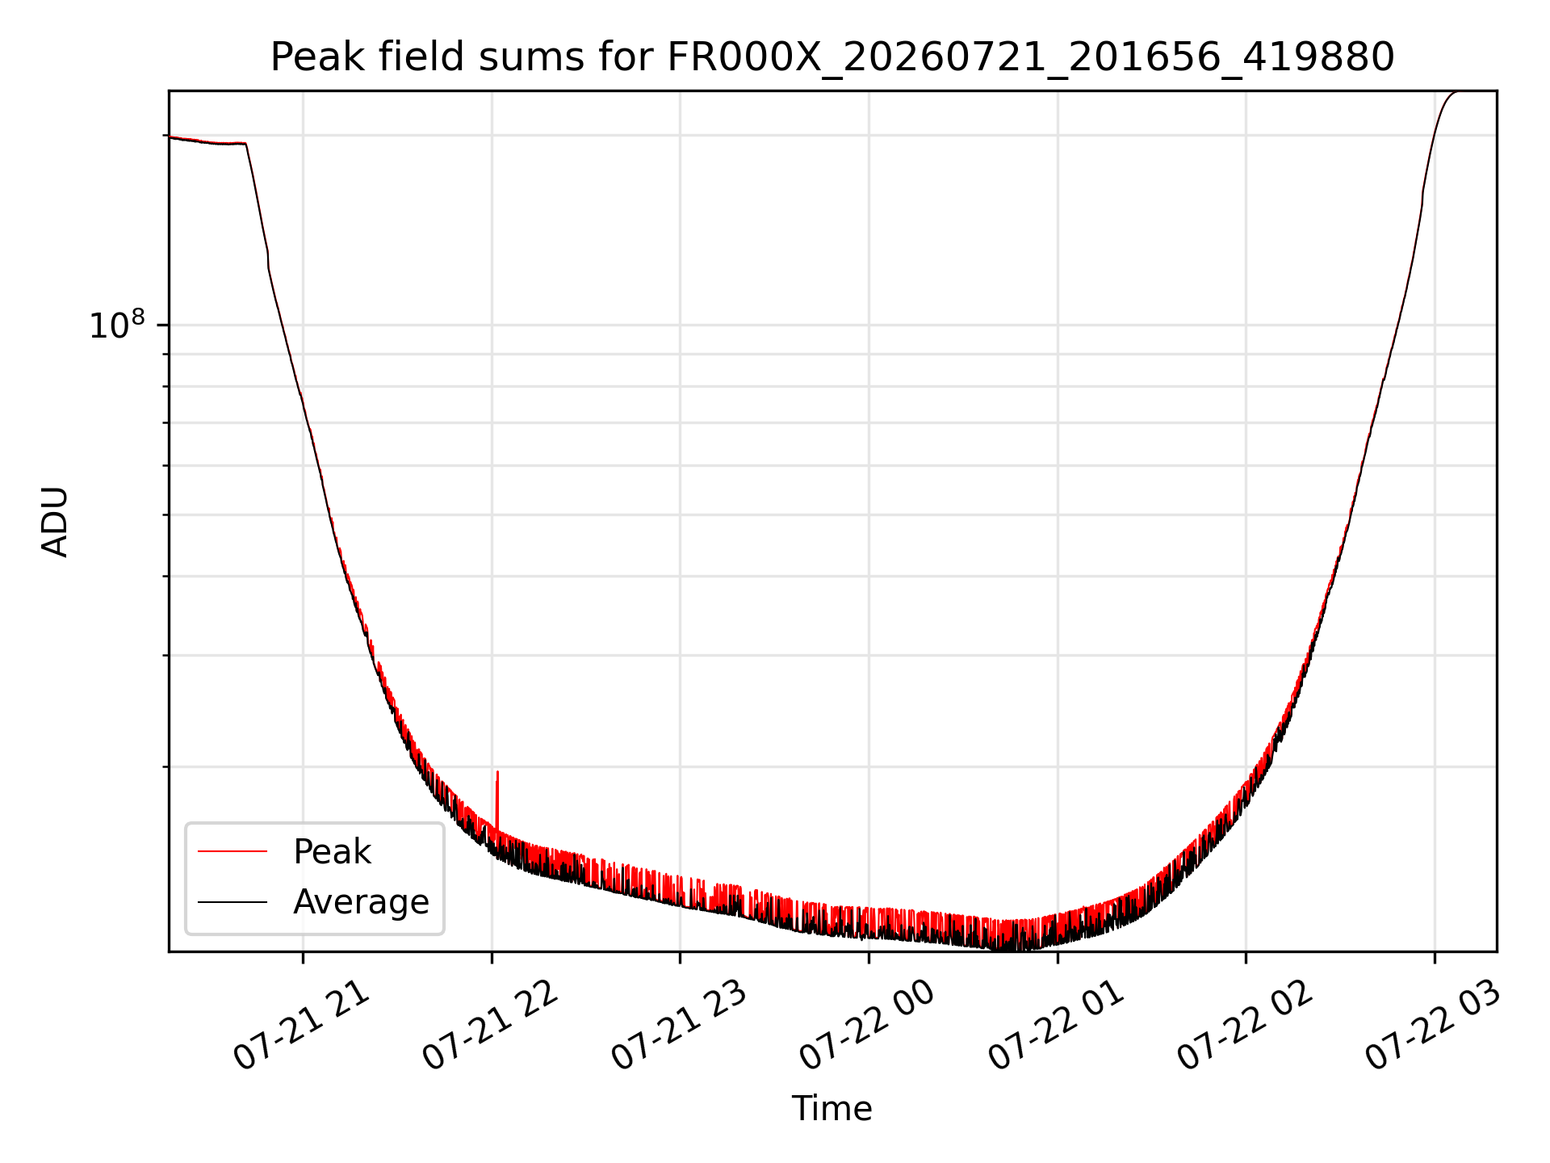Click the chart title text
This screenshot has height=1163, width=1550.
(832, 57)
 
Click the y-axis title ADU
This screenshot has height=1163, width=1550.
(55, 522)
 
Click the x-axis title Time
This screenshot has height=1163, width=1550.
(832, 1109)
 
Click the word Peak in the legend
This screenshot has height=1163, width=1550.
(332, 852)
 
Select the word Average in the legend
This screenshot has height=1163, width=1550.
(361, 902)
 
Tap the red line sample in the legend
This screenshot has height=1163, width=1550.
(232, 851)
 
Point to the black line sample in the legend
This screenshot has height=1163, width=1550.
(232, 901)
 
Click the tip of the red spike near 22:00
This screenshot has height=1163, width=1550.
(497, 772)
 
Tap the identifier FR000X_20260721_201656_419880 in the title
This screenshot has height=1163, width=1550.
(1031, 58)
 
